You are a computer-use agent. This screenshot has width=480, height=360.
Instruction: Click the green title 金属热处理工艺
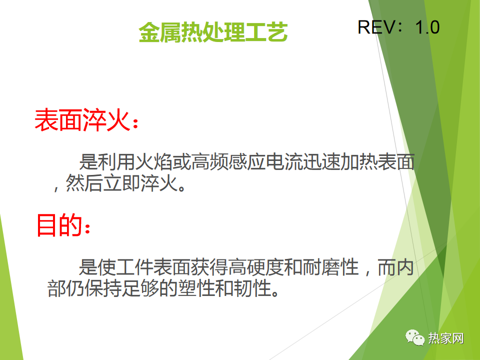(213, 32)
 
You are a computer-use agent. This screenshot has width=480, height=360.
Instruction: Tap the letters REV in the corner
(376, 27)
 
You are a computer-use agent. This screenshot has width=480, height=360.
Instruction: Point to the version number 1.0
(427, 27)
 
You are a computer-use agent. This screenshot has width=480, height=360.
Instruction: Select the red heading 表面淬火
(82, 120)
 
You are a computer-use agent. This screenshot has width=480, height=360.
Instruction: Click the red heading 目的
(59, 225)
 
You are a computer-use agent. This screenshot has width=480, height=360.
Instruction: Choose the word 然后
(84, 183)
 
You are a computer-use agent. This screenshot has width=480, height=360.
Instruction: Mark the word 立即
(121, 183)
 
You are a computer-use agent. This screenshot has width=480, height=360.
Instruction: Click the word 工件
(134, 267)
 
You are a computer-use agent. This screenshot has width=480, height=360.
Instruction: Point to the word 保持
(103, 288)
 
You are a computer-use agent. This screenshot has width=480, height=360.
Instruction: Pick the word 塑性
(196, 288)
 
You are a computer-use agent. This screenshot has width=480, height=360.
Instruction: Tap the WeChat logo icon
(415, 337)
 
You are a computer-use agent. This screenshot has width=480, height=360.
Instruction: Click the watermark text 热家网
(445, 338)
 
